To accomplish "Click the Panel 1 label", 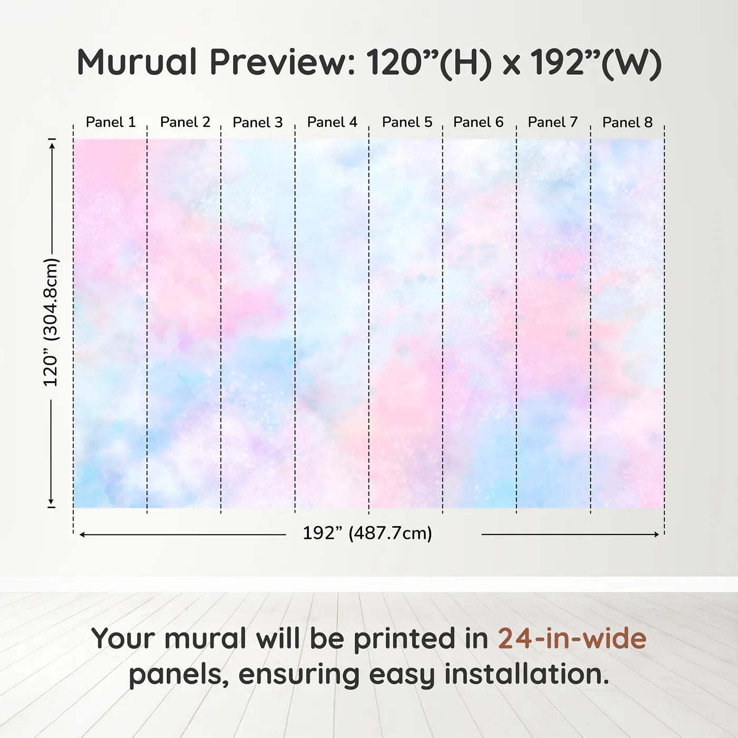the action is (111, 122).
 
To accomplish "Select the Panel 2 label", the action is (185, 122).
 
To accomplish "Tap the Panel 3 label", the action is (258, 122).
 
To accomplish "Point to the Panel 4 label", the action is (332, 122).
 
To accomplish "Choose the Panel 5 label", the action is (407, 122).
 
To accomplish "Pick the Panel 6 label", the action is (478, 122).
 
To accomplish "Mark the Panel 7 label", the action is (552, 122).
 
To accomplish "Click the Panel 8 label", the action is (627, 122).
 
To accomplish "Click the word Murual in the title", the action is (137, 62).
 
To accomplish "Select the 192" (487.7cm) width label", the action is (367, 533).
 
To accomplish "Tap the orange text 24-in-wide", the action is (572, 638).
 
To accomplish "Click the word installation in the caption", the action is (527, 674).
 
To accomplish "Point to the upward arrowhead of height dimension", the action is (53, 145).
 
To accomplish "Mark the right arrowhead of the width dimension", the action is (656, 534).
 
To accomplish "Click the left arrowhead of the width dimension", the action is (82, 535).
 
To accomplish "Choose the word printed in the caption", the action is (403, 639).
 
